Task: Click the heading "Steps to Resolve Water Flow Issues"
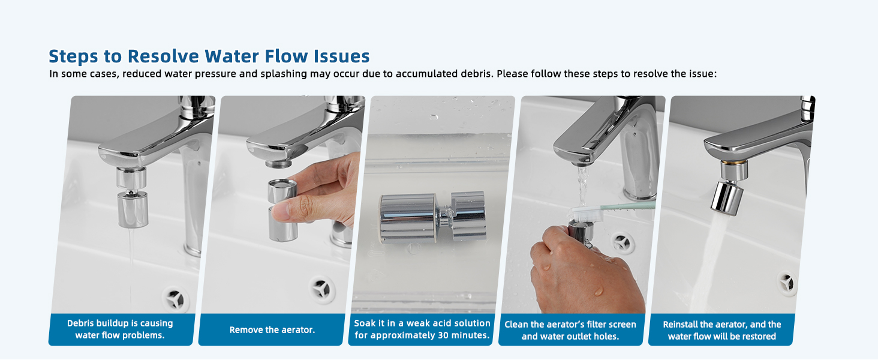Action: (x=209, y=56)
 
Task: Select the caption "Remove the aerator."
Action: (x=272, y=330)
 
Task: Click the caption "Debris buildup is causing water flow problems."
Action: (x=120, y=329)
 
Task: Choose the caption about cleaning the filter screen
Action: (x=570, y=330)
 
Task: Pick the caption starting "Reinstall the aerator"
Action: (x=722, y=330)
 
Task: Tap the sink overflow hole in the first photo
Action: (x=175, y=299)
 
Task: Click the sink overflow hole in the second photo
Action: (x=322, y=289)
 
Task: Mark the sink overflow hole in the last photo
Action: (x=787, y=283)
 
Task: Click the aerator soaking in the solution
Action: (x=433, y=217)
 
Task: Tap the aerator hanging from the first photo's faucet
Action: (x=132, y=197)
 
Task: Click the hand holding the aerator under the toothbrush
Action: (x=584, y=271)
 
